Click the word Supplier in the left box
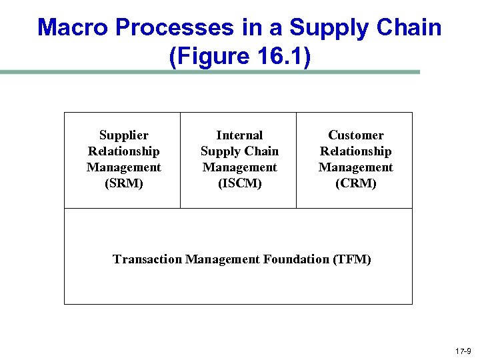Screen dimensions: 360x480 (123, 135)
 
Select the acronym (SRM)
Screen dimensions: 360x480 (123, 183)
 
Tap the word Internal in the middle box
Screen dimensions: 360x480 (239, 135)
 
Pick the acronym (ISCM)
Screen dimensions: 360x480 (239, 183)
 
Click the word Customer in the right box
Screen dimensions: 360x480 (355, 135)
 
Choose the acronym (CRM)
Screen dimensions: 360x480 (355, 183)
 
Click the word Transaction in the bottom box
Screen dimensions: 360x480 (147, 259)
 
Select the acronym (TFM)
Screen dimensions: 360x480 (351, 259)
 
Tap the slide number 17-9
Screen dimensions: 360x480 (463, 351)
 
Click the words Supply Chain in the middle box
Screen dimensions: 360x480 (239, 151)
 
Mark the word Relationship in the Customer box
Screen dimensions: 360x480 (355, 151)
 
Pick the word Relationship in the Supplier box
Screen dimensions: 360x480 (123, 151)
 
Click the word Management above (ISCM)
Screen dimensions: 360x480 (239, 167)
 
